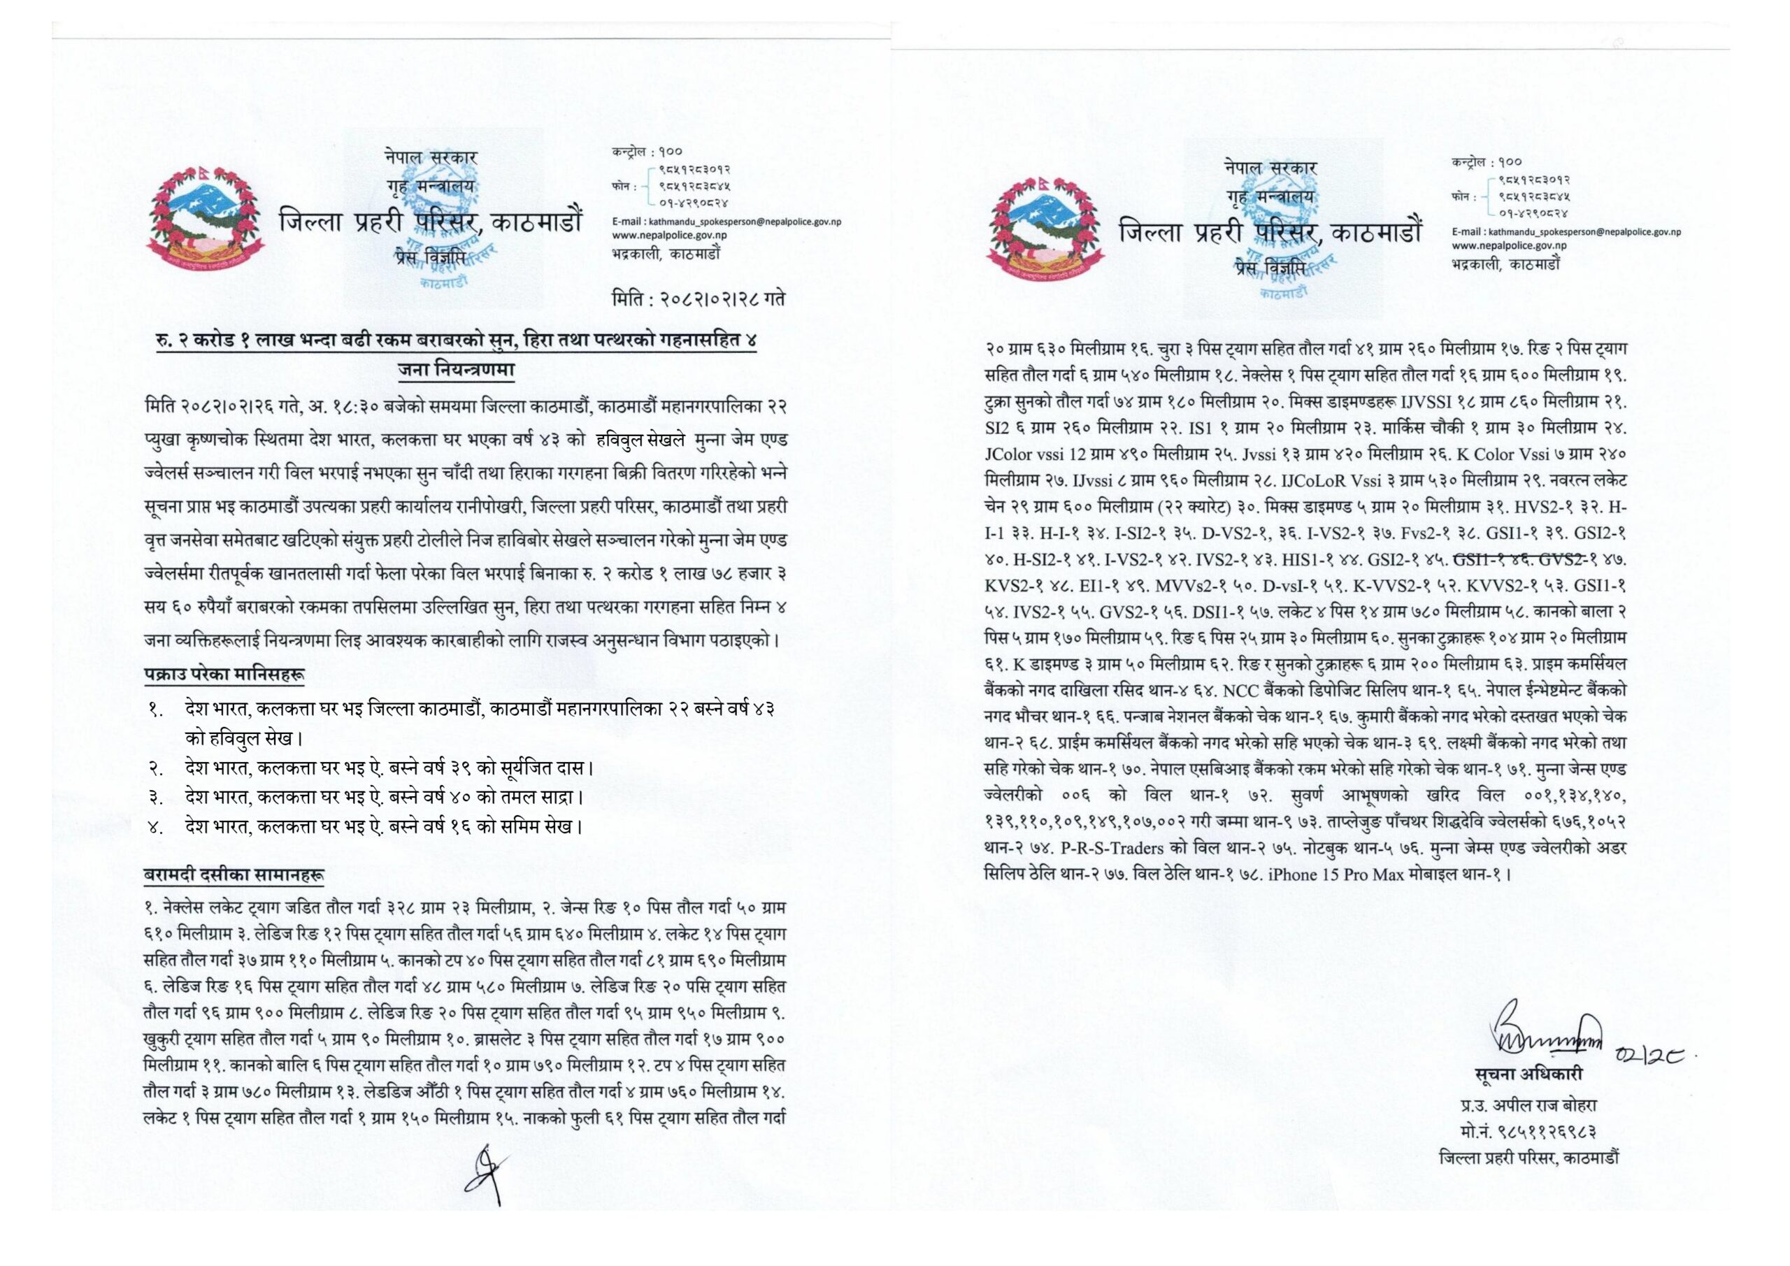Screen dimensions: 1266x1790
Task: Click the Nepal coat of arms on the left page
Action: (x=205, y=219)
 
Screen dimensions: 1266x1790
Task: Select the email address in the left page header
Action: (x=726, y=222)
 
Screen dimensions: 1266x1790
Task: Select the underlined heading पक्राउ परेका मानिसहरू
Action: (x=224, y=673)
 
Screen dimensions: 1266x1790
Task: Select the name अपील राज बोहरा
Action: (x=1540, y=1105)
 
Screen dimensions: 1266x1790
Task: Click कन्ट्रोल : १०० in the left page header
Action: (x=648, y=151)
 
